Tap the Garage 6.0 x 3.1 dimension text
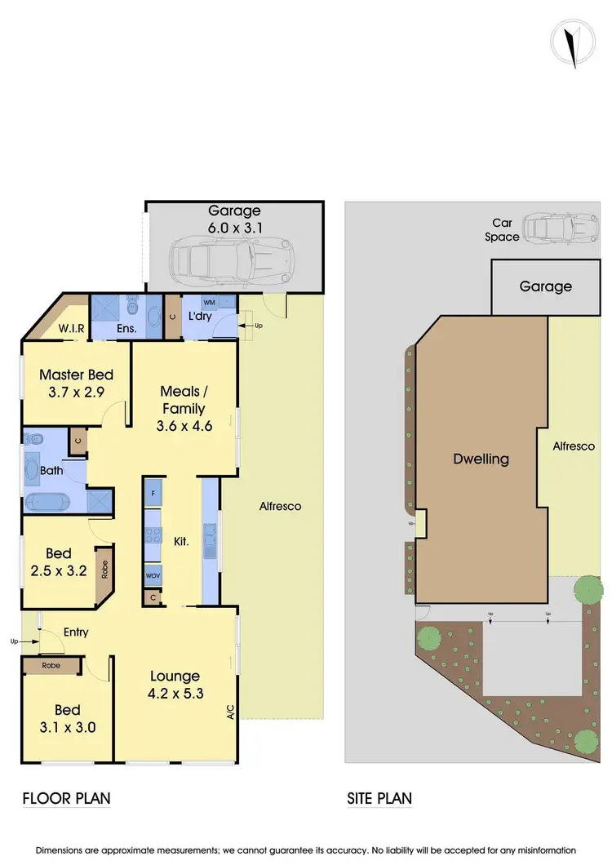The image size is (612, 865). click(233, 220)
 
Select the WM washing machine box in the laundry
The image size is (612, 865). click(209, 303)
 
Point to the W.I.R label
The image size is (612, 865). click(71, 330)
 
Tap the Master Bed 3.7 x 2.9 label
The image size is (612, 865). click(76, 384)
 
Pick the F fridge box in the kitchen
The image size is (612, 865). click(154, 494)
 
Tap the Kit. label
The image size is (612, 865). click(181, 540)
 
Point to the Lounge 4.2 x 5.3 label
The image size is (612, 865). click(175, 685)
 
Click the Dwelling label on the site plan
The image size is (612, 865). click(481, 459)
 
